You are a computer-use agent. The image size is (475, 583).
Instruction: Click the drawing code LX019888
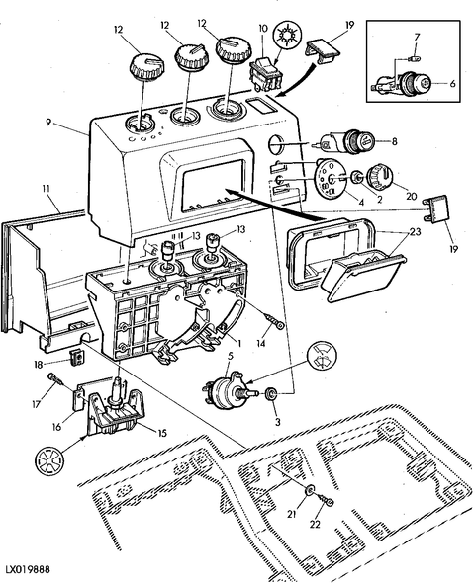point(27,569)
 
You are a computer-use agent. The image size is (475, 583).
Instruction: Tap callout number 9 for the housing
point(48,123)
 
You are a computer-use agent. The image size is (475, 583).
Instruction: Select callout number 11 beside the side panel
point(46,189)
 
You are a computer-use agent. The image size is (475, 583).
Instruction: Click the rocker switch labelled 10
point(266,73)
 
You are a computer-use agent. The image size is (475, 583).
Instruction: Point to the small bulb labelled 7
point(411,58)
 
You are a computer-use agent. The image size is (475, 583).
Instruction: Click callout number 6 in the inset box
point(452,83)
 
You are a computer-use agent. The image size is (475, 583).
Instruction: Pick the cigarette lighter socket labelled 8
point(344,141)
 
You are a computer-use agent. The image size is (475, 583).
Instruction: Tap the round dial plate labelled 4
point(330,179)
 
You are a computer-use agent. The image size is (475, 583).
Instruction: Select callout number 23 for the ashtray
point(415,231)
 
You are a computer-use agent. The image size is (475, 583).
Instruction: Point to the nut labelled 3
point(270,393)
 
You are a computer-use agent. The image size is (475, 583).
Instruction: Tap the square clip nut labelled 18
point(77,358)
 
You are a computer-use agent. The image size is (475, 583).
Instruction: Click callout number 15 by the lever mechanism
point(162,433)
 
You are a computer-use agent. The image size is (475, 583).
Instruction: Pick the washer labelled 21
point(309,491)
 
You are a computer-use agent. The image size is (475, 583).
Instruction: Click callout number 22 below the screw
point(315,524)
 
